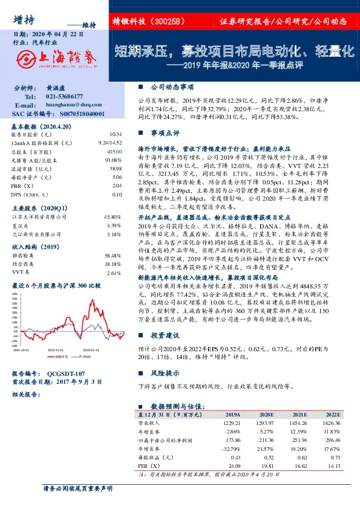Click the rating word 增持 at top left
(x=24, y=19)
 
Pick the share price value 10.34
(x=116, y=135)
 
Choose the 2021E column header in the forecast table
(x=298, y=415)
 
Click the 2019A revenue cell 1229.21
(x=232, y=423)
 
